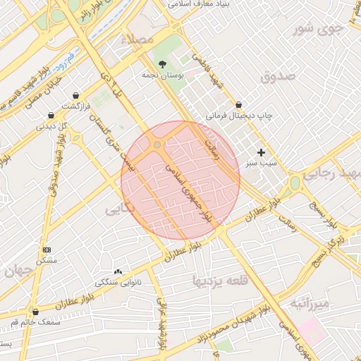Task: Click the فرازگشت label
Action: click(x=75, y=106)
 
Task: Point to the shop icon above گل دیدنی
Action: click(x=51, y=115)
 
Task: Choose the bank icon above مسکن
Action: click(x=47, y=250)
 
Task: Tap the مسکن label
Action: click(x=47, y=260)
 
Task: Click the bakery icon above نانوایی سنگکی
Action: click(x=118, y=271)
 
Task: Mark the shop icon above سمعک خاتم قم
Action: click(x=35, y=312)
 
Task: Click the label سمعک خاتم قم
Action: click(x=33, y=322)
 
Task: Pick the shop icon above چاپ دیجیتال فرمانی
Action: click(x=238, y=104)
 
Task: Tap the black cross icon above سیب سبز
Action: click(x=261, y=152)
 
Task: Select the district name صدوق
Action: click(x=275, y=77)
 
